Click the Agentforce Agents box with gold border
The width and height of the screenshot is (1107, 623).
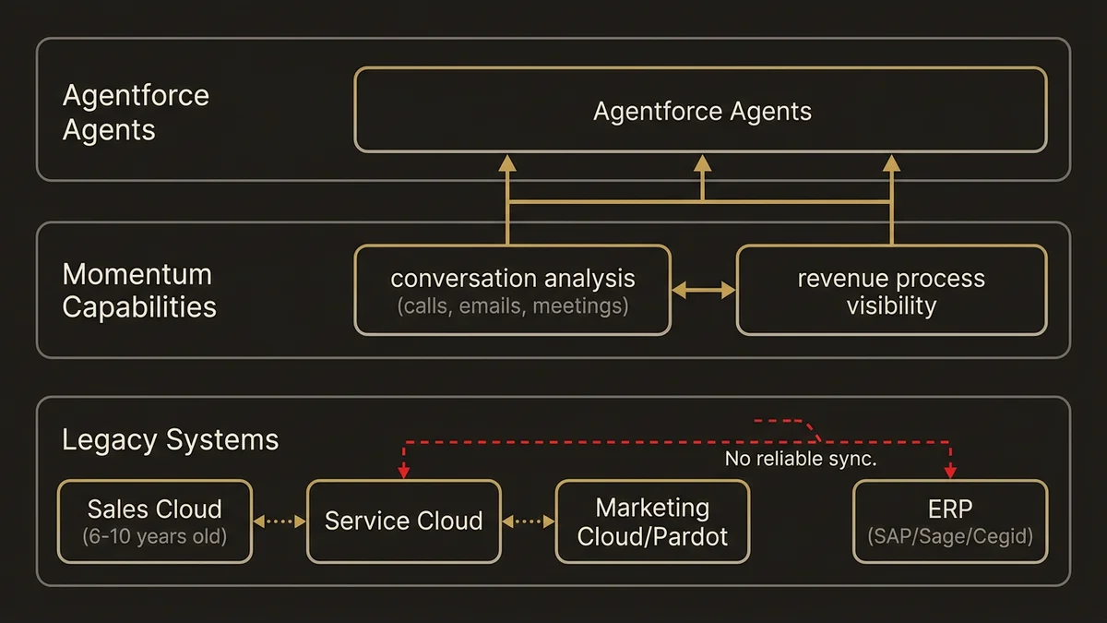701,110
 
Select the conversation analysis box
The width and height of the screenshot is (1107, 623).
512,290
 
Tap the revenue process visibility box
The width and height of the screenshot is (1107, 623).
891,290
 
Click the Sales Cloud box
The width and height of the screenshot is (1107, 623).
154,521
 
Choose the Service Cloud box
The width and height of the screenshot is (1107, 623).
403,521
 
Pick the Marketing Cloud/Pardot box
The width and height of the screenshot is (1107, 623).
652,521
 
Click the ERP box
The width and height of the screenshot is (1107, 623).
950,521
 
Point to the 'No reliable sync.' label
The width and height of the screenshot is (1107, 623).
800,459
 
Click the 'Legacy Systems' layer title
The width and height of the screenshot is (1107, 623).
170,439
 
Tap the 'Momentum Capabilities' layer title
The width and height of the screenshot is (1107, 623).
137,290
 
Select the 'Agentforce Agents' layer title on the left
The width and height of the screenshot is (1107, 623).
136,113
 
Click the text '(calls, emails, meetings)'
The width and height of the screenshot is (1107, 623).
512,306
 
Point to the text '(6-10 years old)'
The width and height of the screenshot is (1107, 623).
154,535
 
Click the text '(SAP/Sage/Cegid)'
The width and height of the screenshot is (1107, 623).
950,535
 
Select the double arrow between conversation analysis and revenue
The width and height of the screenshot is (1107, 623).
703,291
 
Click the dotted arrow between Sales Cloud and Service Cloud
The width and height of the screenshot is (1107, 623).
279,521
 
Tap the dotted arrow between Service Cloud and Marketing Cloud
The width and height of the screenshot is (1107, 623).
528,521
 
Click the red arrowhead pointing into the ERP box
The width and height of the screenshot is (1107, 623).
950,472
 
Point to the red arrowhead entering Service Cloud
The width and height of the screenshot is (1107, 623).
403,472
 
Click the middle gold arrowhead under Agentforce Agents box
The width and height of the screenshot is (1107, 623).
702,163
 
